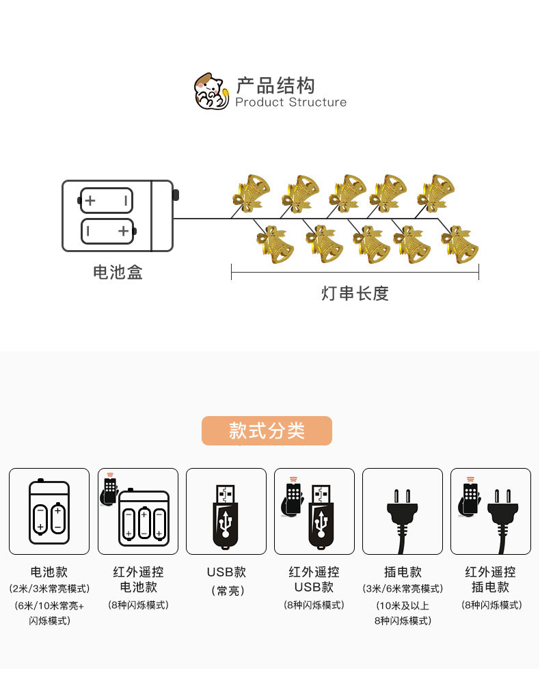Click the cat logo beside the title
(x=211, y=92)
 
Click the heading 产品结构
(x=275, y=85)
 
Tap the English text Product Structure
(x=291, y=102)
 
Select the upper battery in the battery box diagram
(x=107, y=201)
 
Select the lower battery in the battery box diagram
(x=107, y=231)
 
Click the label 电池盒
(x=118, y=273)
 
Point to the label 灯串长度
(x=355, y=294)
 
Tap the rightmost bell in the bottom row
(x=459, y=244)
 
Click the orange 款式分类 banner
(x=267, y=431)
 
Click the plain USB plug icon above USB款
(x=226, y=516)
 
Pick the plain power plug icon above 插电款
(x=403, y=516)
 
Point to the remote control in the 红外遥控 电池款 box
(x=110, y=491)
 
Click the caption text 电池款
(x=49, y=572)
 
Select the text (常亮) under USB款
(x=226, y=591)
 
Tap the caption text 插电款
(x=403, y=572)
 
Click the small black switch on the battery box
(x=176, y=195)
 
